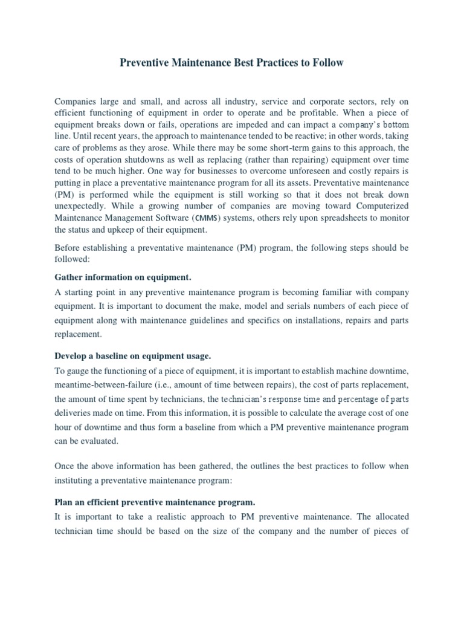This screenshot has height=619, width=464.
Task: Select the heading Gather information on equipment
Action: (x=123, y=277)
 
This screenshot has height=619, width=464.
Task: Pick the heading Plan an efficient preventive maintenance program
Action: (x=155, y=502)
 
